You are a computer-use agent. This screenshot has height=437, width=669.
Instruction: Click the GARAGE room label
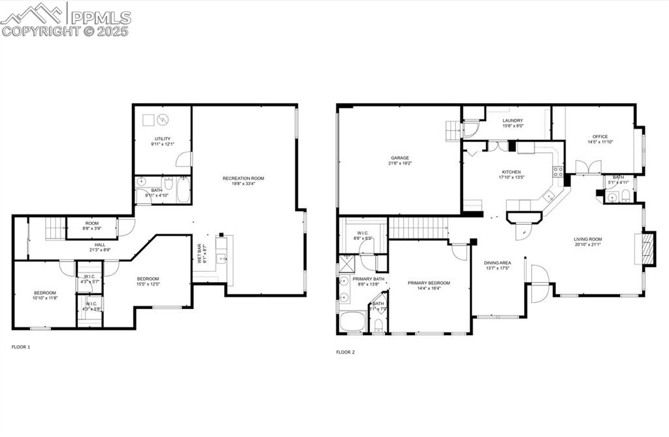[x=400, y=157]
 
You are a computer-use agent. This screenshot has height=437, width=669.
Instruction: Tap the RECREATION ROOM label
[x=243, y=178]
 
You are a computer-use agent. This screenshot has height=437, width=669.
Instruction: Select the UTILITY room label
[x=162, y=138]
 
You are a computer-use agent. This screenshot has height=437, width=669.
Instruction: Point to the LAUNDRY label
[x=513, y=121]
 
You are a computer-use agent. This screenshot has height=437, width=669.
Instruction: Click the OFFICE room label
[x=600, y=137]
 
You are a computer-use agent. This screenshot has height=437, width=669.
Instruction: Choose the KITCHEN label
[x=511, y=172]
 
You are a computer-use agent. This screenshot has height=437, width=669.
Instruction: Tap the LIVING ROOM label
[x=588, y=240]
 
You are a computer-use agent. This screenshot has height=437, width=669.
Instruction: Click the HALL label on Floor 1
[x=101, y=244]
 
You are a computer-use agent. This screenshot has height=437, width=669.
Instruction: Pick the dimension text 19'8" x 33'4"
[x=243, y=184]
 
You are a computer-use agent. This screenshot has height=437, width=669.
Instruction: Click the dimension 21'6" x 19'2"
[x=400, y=163]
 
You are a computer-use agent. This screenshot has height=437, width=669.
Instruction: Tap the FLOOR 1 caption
[x=21, y=347]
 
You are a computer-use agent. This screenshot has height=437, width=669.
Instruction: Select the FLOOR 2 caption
[x=345, y=352]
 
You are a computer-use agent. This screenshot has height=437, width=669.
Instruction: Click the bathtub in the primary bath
[x=353, y=322]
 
